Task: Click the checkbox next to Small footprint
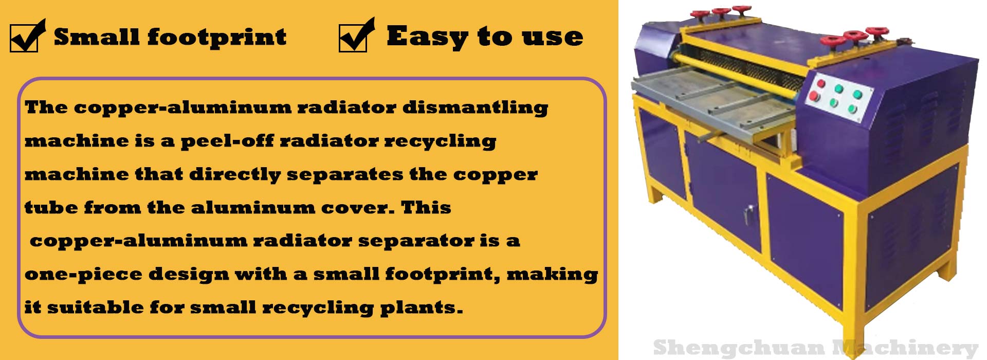(x=25, y=38)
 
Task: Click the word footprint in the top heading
(x=216, y=38)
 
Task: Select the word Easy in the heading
(x=427, y=37)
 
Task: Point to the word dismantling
(x=475, y=108)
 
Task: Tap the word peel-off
(x=227, y=141)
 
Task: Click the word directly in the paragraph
(x=235, y=175)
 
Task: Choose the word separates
(x=345, y=175)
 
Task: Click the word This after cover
(x=426, y=207)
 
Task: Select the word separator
(x=416, y=241)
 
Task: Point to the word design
(x=189, y=275)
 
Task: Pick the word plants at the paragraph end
(x=422, y=308)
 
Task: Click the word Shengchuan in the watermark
(x=739, y=348)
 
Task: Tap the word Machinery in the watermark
(x=905, y=348)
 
